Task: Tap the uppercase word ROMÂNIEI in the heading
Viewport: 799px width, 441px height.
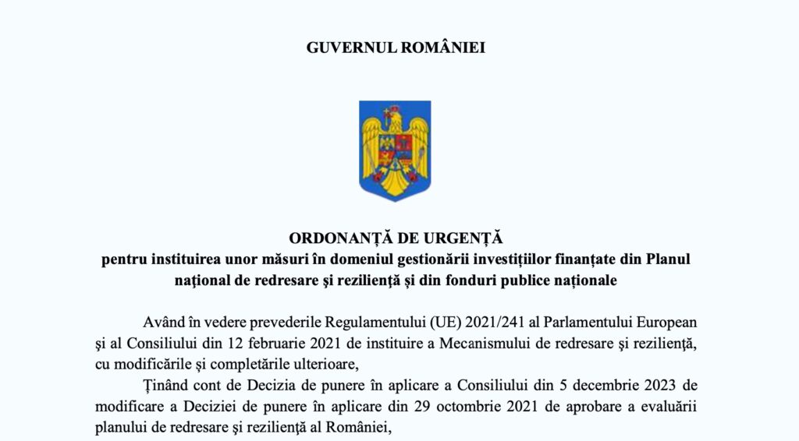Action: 443,47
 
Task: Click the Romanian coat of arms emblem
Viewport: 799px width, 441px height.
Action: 395,150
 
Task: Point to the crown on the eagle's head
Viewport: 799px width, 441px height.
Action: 395,108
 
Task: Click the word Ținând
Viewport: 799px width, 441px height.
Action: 166,386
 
